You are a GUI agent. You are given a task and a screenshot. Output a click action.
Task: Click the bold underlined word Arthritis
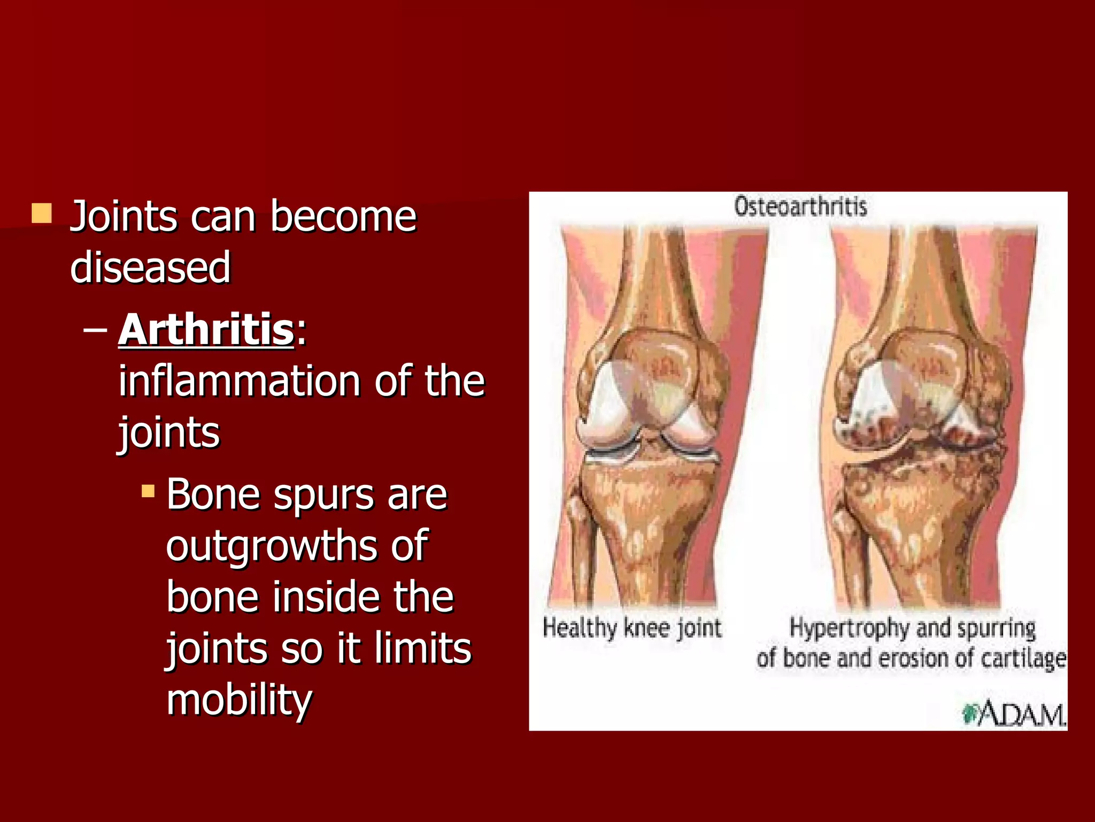pos(206,330)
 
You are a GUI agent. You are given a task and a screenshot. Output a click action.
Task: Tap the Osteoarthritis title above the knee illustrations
pos(800,207)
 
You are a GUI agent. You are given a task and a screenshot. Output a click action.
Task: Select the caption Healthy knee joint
pos(632,628)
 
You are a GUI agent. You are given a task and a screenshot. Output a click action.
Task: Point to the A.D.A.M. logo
pos(1014,714)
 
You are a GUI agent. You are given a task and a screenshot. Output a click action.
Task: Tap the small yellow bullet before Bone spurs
pos(148,491)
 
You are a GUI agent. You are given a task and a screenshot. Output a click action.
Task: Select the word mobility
pos(238,700)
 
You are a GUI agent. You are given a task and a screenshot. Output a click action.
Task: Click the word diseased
pos(150,267)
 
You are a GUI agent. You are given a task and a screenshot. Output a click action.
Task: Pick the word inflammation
pos(239,381)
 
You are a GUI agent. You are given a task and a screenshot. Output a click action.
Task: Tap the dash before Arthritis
pos(95,331)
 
